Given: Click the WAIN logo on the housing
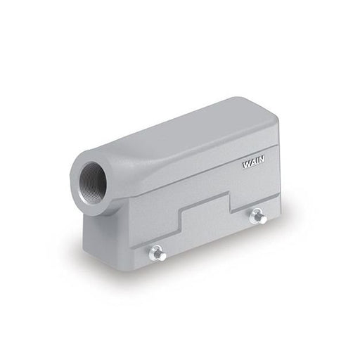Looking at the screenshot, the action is click(254, 162).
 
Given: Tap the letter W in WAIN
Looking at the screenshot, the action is click(247, 165).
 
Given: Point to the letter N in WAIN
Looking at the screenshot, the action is click(262, 160).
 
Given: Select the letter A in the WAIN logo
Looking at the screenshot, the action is click(253, 162).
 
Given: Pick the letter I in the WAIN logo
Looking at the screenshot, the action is click(257, 161).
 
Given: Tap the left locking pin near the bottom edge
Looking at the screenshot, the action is click(157, 252).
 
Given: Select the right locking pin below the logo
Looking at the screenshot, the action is click(258, 216).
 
